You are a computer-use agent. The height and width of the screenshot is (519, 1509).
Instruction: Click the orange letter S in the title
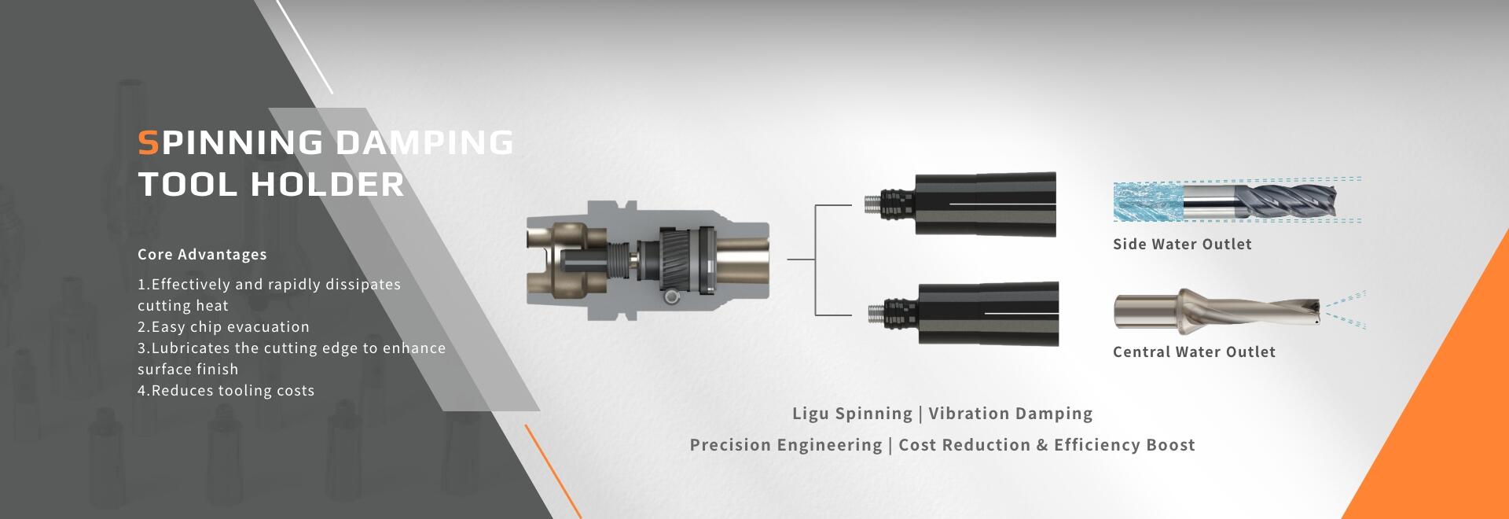(149, 142)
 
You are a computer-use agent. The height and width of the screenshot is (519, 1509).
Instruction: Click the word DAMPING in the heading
(424, 142)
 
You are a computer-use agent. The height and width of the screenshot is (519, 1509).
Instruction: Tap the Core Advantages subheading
(202, 254)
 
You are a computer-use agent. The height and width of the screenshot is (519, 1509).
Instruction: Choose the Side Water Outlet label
(1182, 244)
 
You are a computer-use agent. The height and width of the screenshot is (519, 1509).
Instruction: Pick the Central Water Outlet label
(1194, 352)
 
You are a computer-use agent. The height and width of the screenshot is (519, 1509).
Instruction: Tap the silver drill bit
(1217, 310)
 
